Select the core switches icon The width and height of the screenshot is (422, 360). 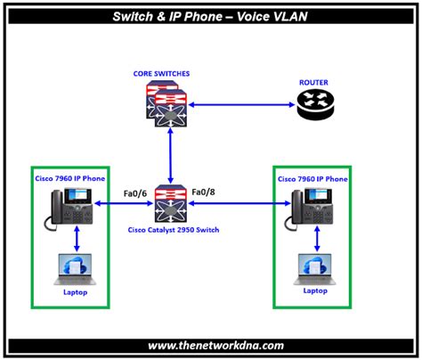(167, 104)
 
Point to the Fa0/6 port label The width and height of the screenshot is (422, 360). (135, 192)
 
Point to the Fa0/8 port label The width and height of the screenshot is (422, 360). (204, 191)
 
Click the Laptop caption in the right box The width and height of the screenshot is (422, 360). (314, 290)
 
